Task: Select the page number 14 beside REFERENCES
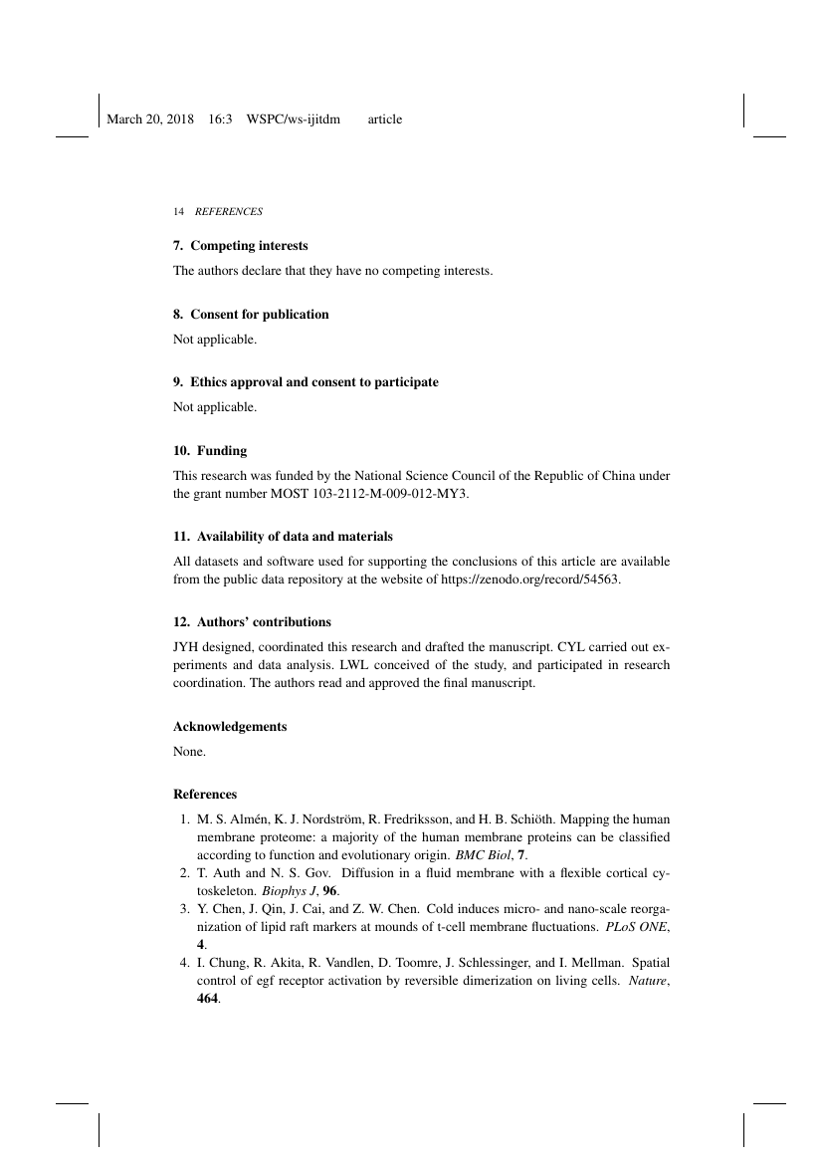178,212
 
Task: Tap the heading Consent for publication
259,314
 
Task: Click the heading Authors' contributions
261,621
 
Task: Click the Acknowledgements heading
230,726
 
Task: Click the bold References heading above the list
205,795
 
